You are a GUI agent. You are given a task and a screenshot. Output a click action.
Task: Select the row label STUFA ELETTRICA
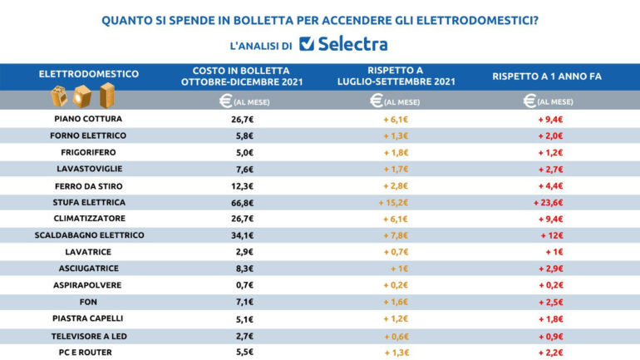89,201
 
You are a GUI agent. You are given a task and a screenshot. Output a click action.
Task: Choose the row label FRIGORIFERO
89,151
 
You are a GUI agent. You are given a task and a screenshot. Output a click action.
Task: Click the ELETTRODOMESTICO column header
89,74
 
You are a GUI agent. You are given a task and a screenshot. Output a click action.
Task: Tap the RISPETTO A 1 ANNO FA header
546,75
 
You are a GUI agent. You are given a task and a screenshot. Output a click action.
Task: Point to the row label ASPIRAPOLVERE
89,284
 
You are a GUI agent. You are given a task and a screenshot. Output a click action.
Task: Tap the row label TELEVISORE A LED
89,334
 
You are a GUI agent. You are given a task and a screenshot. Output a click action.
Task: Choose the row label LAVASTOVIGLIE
89,168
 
